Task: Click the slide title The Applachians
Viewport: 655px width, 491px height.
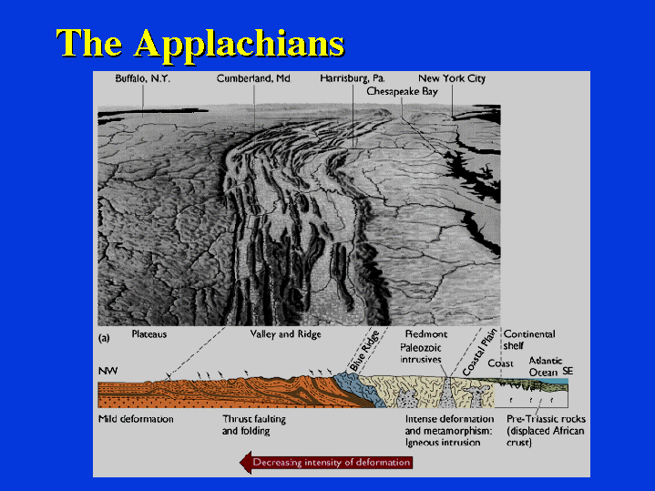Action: pos(200,45)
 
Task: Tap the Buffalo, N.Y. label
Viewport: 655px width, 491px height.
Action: pos(143,78)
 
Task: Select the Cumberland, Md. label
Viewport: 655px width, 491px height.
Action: pos(253,78)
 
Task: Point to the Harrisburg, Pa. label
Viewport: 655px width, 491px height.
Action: pos(353,78)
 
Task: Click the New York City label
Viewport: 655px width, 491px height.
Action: pos(452,78)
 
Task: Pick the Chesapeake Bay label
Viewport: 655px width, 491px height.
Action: pos(402,91)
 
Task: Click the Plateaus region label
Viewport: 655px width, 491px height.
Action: pos(149,334)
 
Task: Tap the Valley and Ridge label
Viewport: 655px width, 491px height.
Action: pos(286,334)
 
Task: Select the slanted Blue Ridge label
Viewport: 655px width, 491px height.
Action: pos(364,351)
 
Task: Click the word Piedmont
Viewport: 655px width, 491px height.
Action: pos(426,334)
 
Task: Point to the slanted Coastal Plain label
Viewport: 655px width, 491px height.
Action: pos(480,353)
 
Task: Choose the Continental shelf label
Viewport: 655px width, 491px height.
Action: pos(529,340)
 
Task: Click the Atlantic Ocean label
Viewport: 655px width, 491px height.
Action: pos(546,366)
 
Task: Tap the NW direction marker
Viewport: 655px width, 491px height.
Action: pos(108,371)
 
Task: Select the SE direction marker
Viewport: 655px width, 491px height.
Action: pos(568,371)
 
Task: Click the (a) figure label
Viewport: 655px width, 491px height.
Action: pos(104,338)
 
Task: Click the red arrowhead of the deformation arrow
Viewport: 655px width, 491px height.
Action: pos(246,462)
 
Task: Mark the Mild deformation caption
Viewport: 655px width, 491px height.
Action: pos(136,419)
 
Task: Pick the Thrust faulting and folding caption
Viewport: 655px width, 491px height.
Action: pos(254,425)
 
